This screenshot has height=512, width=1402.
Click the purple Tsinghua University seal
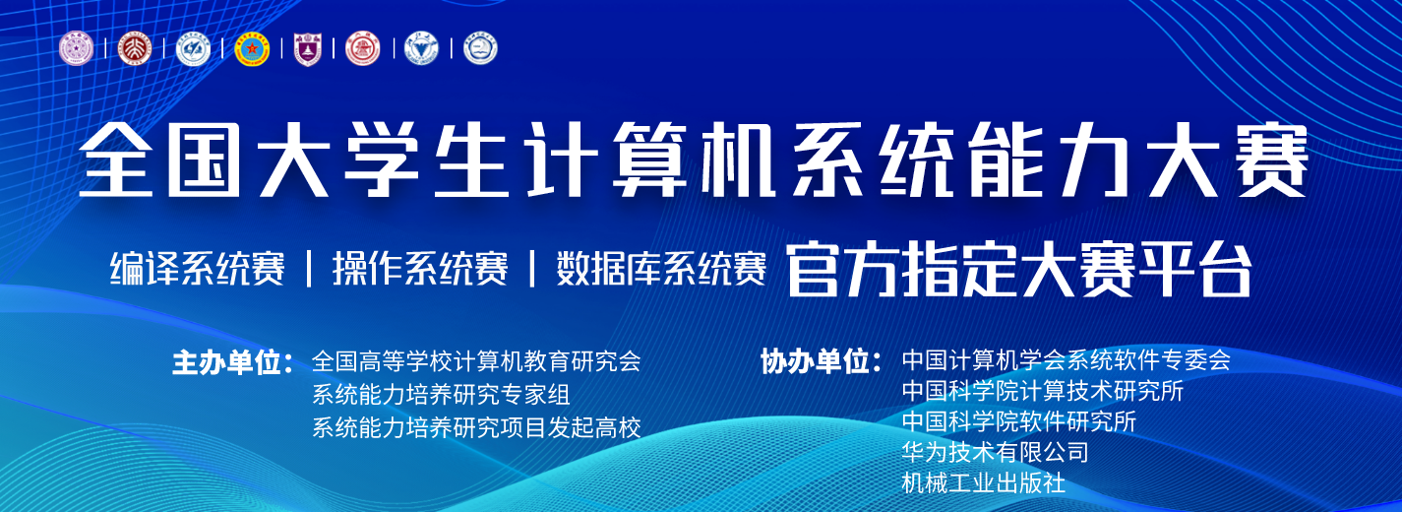pos(77,49)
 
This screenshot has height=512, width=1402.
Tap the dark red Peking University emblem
pos(135,49)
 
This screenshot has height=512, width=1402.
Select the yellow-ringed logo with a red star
pos(252,49)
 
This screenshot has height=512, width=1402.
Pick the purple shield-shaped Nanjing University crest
pos(307,49)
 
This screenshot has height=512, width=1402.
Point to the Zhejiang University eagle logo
pos(421,49)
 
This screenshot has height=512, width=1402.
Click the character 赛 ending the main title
pos(1272,160)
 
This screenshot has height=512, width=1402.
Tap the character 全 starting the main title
pos(116,160)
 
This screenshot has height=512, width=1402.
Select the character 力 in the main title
pos(1093,160)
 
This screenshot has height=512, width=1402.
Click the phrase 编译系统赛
pos(197,269)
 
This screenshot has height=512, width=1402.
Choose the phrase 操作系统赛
pos(420,269)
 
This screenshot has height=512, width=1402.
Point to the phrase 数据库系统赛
pos(661,269)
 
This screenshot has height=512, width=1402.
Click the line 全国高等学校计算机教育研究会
pos(476,361)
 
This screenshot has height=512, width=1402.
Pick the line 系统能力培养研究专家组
pos(441,395)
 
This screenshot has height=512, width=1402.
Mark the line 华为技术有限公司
pos(995,452)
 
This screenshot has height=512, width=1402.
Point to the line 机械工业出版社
pos(983,482)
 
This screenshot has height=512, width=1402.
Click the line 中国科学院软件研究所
pos(1019,421)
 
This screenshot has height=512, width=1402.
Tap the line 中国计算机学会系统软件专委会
pos(1067,359)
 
